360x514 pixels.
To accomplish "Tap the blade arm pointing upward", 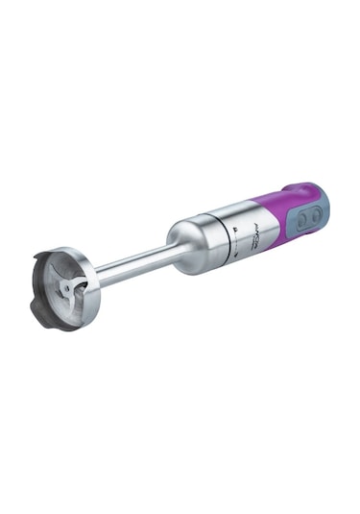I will [70, 270].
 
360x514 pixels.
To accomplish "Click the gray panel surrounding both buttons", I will [310, 219].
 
